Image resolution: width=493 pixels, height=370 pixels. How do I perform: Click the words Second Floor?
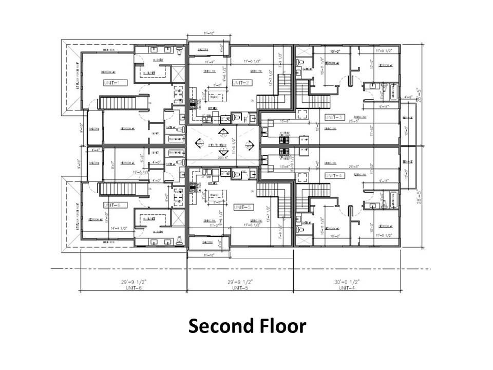(x=246, y=326)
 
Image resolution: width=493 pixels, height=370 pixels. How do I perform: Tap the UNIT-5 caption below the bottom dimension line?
(x=240, y=288)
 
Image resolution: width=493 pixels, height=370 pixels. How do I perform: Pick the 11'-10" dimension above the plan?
(x=207, y=34)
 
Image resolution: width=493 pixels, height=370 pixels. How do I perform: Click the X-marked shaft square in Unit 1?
(x=178, y=72)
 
